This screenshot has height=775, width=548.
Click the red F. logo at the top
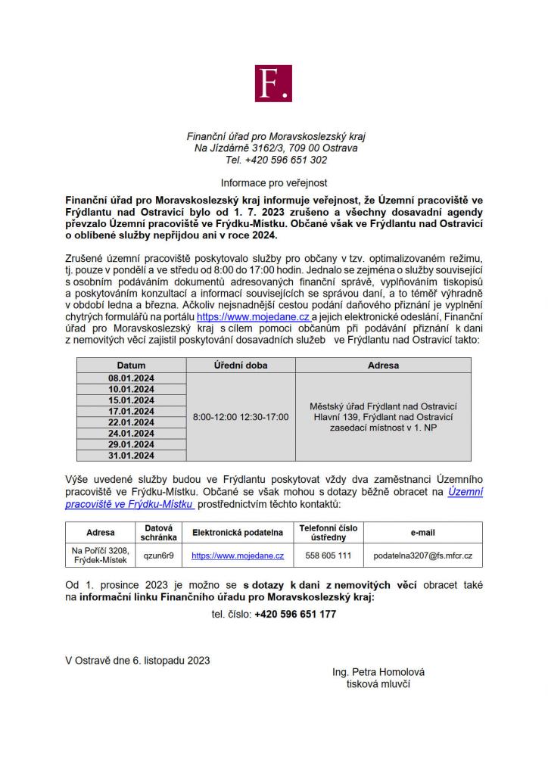pos(273,82)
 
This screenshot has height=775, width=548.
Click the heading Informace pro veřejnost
pos(273,182)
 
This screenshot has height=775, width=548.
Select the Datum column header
pos(131,365)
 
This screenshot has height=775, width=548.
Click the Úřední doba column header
pos(241,365)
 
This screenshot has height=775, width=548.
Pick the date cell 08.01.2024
pos(131,378)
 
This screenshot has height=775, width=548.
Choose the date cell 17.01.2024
pos(131,411)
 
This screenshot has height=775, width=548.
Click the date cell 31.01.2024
pos(131,456)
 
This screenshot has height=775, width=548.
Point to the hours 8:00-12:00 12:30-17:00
pos(241,417)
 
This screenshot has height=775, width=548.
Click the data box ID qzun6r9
pos(159,556)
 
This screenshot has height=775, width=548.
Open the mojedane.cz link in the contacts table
pos(238,556)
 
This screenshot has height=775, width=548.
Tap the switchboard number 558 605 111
pos(328,556)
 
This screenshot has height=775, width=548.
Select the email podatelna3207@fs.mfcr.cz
pos(422,556)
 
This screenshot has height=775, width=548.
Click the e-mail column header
pos(422,532)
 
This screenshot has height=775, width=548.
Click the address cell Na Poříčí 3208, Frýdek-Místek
pos(100,556)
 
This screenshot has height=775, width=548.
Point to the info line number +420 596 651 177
pos(295,615)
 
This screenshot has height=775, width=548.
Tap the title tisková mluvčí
pos(378,683)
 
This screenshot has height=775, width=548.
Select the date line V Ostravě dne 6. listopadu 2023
pos(138,660)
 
